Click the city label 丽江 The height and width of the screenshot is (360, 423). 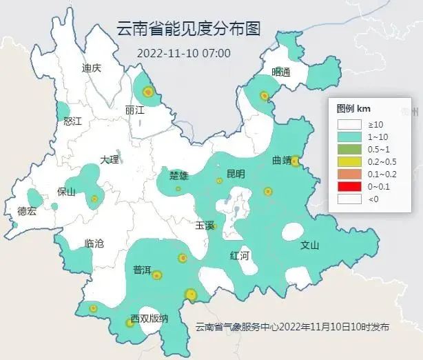click(x=135, y=110)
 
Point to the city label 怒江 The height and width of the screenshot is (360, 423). click(x=72, y=121)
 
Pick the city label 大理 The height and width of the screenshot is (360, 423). click(x=109, y=159)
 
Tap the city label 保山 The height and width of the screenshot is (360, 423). click(x=66, y=192)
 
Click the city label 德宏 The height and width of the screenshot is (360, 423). click(x=27, y=211)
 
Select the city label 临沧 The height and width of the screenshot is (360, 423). click(x=94, y=243)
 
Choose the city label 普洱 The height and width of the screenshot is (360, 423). click(x=142, y=270)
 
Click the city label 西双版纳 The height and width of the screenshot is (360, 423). click(x=149, y=319)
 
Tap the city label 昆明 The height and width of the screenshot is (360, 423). click(x=236, y=174)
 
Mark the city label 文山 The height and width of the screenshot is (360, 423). click(x=310, y=245)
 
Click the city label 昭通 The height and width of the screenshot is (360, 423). click(x=281, y=72)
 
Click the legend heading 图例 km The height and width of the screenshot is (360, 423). click(x=354, y=109)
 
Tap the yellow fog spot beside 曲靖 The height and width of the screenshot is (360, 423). click(x=295, y=161)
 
